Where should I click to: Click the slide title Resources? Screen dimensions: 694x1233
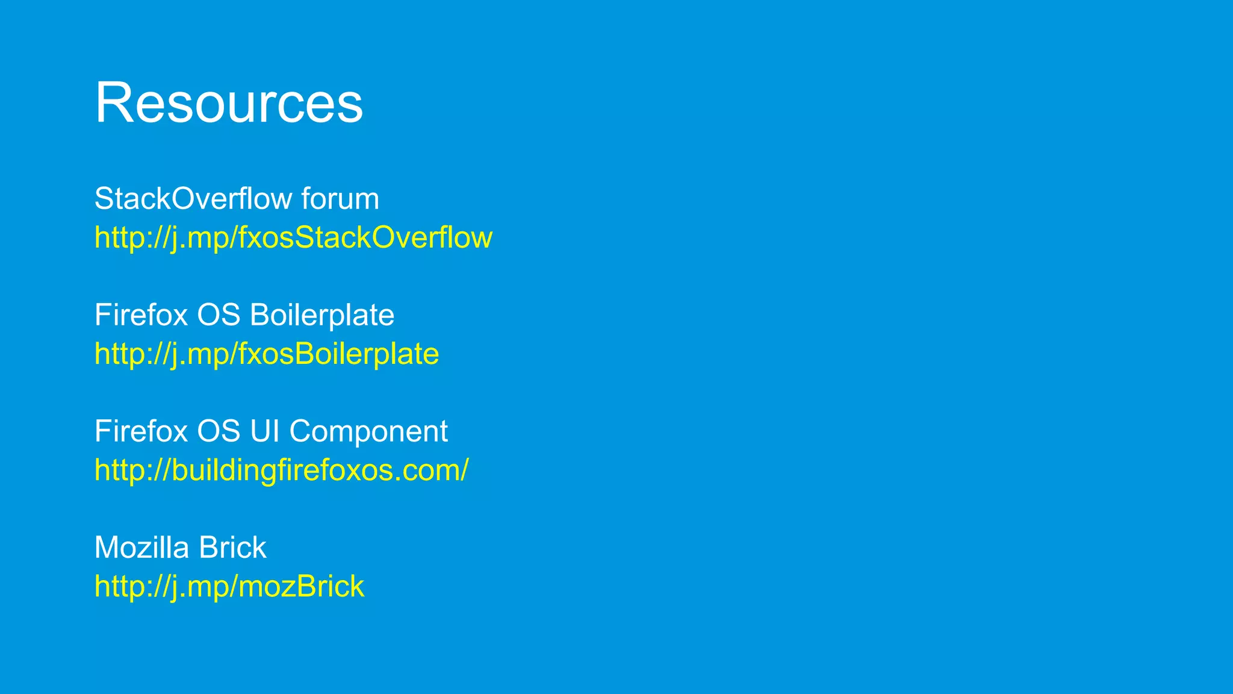tap(229, 103)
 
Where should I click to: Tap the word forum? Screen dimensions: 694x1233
tap(340, 199)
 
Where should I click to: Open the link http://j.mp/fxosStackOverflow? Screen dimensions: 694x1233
tap(293, 237)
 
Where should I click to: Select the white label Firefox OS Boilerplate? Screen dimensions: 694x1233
tap(244, 315)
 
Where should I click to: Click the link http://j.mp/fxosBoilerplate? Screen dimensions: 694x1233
tap(267, 354)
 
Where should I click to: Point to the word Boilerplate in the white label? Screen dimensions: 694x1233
tap(321, 315)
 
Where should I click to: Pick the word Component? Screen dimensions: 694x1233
tap(368, 431)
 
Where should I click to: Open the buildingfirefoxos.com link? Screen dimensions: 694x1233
tap(281, 470)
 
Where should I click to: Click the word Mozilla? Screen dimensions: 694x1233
tap(141, 548)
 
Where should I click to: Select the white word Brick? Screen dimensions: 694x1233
tap(232, 548)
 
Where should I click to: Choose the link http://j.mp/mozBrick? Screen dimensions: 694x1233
tap(229, 586)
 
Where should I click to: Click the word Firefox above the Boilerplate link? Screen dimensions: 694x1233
tap(141, 315)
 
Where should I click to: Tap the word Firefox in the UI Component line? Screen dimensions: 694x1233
tap(141, 431)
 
